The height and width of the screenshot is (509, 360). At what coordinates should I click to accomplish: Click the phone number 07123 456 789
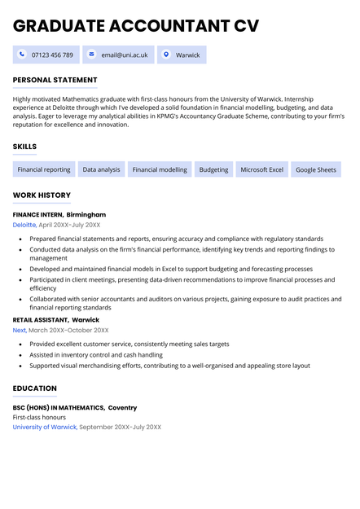pyautogui.click(x=52, y=55)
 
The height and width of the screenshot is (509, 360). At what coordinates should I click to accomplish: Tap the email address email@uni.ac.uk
pyautogui.click(x=125, y=55)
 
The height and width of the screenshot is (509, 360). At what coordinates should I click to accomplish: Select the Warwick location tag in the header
pyautogui.click(x=187, y=55)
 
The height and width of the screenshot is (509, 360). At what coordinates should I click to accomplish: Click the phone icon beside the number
pyautogui.click(x=22, y=55)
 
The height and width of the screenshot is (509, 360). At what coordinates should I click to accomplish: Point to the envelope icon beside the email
pyautogui.click(x=91, y=55)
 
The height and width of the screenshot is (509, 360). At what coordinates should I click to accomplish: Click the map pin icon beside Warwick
pyautogui.click(x=166, y=55)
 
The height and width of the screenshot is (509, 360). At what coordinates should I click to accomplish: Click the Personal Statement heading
pyautogui.click(x=55, y=81)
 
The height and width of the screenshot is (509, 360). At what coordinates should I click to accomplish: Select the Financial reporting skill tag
pyautogui.click(x=44, y=169)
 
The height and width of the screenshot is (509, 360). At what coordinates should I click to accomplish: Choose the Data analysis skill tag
pyautogui.click(x=101, y=169)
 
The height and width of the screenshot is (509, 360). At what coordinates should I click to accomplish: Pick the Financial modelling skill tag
pyautogui.click(x=160, y=169)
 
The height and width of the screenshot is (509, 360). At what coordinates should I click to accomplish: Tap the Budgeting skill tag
pyautogui.click(x=213, y=169)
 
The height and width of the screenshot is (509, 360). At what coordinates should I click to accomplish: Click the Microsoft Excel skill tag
pyautogui.click(x=261, y=169)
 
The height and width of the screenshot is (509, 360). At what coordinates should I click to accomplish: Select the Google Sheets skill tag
pyautogui.click(x=315, y=169)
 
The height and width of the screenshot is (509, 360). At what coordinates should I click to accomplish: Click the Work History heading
pyautogui.click(x=42, y=195)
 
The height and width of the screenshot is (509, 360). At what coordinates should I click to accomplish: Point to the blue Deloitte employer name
pyautogui.click(x=24, y=225)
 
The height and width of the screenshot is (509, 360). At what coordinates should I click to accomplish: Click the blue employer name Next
pyautogui.click(x=20, y=331)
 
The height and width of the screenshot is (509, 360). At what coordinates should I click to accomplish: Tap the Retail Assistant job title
pyautogui.click(x=40, y=320)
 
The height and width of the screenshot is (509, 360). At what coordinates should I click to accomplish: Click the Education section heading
pyautogui.click(x=35, y=388)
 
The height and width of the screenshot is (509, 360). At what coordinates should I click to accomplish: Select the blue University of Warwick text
pyautogui.click(x=45, y=427)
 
